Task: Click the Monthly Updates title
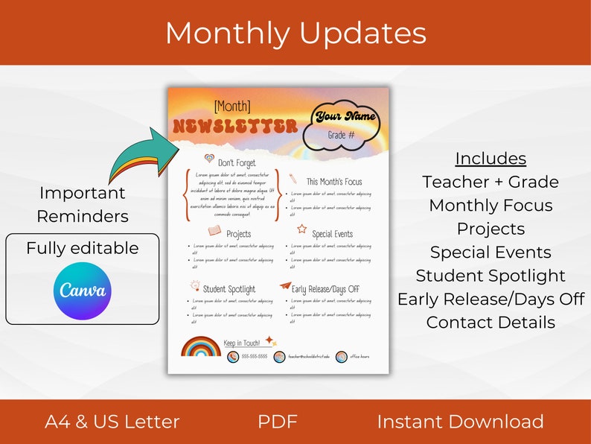click(295, 34)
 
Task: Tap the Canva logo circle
click(82, 291)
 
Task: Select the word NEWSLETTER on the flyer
click(234, 127)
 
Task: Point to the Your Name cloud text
click(346, 116)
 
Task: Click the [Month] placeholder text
click(232, 107)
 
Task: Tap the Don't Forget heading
click(237, 162)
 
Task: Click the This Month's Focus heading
click(334, 181)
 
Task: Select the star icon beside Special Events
click(302, 229)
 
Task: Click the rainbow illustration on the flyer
click(200, 347)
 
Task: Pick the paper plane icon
click(284, 286)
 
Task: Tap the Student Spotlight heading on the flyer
click(229, 289)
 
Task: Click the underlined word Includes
click(491, 158)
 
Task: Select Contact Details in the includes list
click(491, 323)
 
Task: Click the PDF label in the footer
click(278, 422)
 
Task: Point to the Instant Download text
click(460, 422)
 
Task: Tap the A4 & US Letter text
click(112, 422)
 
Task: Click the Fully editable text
click(83, 248)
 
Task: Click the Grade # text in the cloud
click(341, 135)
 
